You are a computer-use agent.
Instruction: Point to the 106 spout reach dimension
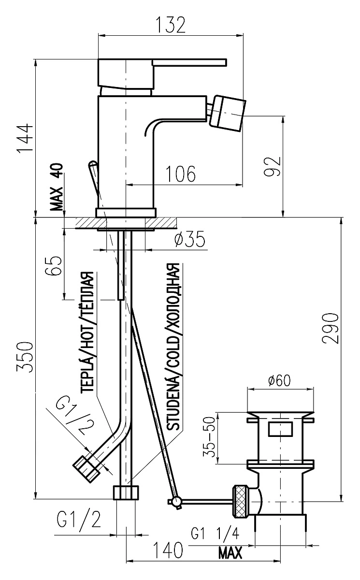(x=180, y=174)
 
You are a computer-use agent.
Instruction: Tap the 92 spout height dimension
(x=272, y=166)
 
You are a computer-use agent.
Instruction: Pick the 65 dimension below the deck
(x=54, y=267)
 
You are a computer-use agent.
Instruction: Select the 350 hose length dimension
(x=25, y=357)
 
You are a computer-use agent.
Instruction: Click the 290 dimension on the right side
(x=330, y=329)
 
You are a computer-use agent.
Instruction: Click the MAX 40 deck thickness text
(x=57, y=187)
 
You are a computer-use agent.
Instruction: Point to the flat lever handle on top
(x=189, y=63)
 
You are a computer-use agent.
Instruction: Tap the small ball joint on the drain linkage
(x=177, y=501)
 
